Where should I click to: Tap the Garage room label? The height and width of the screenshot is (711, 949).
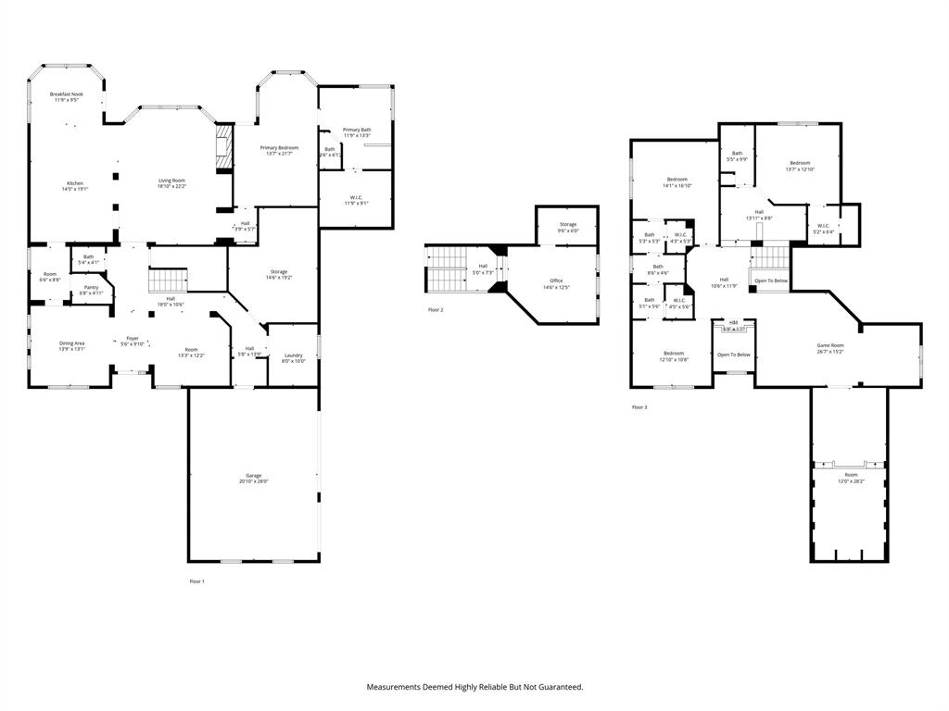[253, 475]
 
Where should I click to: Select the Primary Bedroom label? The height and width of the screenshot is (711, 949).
[279, 147]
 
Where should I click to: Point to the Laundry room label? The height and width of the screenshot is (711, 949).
[294, 355]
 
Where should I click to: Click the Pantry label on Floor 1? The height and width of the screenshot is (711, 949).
[91, 287]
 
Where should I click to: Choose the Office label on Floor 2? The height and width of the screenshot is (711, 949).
[556, 281]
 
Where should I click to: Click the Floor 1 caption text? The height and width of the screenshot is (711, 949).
[196, 580]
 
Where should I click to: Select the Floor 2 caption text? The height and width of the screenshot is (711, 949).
[435, 309]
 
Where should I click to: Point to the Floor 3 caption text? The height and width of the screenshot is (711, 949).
[639, 406]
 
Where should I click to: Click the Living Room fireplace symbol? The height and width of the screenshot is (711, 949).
[221, 150]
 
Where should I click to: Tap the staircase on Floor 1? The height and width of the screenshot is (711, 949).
[169, 280]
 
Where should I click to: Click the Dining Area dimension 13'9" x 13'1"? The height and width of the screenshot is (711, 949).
[72, 349]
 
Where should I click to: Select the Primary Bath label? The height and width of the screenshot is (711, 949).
[357, 130]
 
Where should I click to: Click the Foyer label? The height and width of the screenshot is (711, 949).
[133, 338]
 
